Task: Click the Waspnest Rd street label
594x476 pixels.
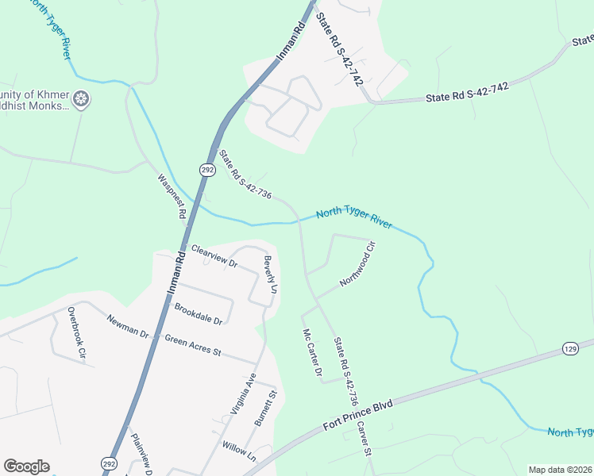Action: tap(172, 196)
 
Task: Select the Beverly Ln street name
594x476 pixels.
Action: tap(270, 274)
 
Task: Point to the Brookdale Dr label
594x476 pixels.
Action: tap(198, 313)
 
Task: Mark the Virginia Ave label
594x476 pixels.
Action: tap(242, 393)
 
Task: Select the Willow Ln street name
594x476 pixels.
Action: tap(240, 452)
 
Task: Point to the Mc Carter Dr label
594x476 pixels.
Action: tap(310, 353)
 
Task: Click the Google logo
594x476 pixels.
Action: tap(26, 466)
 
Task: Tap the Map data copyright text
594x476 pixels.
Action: tap(560, 470)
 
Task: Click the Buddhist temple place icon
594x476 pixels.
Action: tap(80, 100)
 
